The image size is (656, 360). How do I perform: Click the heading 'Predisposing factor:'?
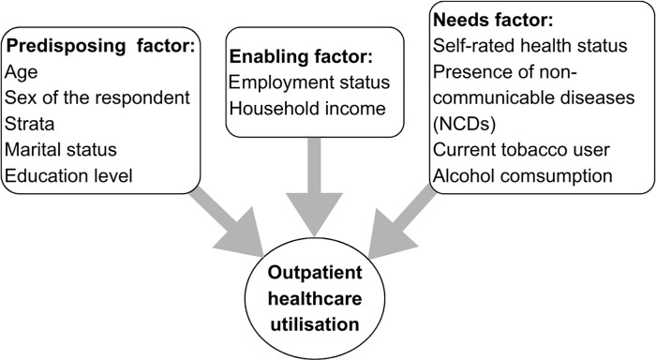pos(101,46)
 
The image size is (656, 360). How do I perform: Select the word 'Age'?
pos(22,72)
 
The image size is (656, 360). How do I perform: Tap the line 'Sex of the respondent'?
pos(97,97)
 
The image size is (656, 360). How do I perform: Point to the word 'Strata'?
pos(30,124)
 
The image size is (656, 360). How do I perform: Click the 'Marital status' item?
pos(61,149)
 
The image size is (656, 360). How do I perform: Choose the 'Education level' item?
pos(68,175)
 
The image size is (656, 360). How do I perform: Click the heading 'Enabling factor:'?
pos(301,56)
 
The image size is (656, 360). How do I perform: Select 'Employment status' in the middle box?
pos(309,82)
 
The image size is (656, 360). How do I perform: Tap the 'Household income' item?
pos(307,109)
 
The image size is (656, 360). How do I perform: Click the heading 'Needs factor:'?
pos(493,20)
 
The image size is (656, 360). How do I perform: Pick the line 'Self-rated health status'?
pos(530,46)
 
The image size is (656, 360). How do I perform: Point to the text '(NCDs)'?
pos(465,124)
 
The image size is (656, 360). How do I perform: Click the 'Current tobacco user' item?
pos(521,149)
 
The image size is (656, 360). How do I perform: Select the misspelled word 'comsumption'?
pos(557,176)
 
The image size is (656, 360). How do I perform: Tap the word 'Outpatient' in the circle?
pos(315,273)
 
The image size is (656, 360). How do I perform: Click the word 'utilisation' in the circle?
pos(315,324)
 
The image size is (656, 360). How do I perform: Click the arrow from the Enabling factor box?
pos(314,187)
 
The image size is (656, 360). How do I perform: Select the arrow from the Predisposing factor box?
pos(227,222)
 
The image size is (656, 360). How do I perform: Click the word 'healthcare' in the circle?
pos(315,298)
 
